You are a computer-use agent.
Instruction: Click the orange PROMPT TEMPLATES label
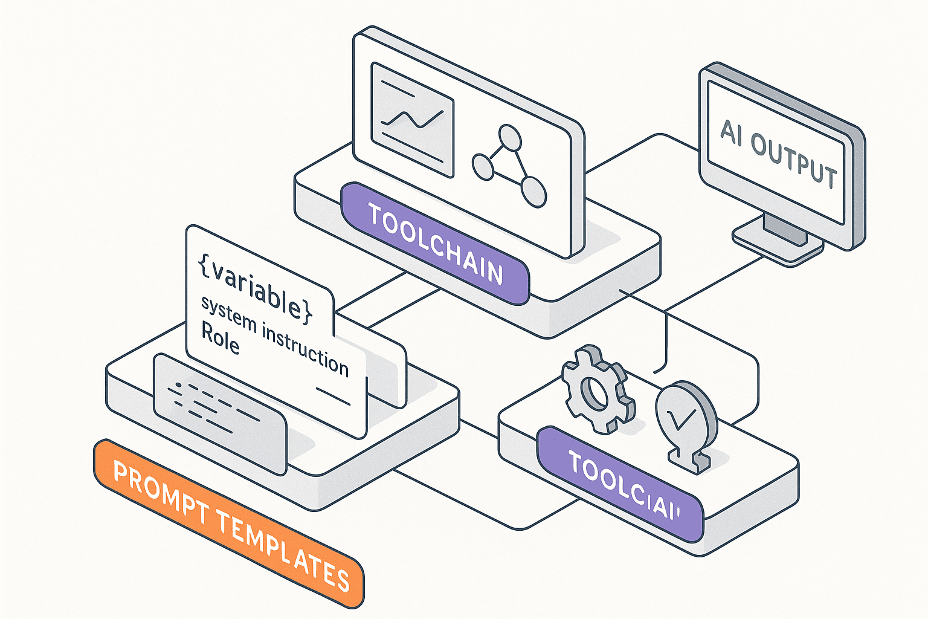pyautogui.click(x=230, y=523)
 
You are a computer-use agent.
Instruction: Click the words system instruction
pyautogui.click(x=275, y=336)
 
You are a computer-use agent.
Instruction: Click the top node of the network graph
pyautogui.click(x=509, y=137)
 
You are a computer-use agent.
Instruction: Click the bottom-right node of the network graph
pyautogui.click(x=533, y=192)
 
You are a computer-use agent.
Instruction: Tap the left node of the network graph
pyautogui.click(x=483, y=167)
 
